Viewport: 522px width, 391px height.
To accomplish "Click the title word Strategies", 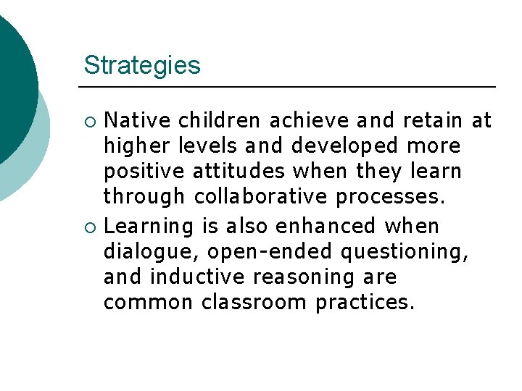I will pos(142,65).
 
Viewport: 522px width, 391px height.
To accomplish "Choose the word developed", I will pos(344,147).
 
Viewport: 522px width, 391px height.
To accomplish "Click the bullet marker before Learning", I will pos(90,227).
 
